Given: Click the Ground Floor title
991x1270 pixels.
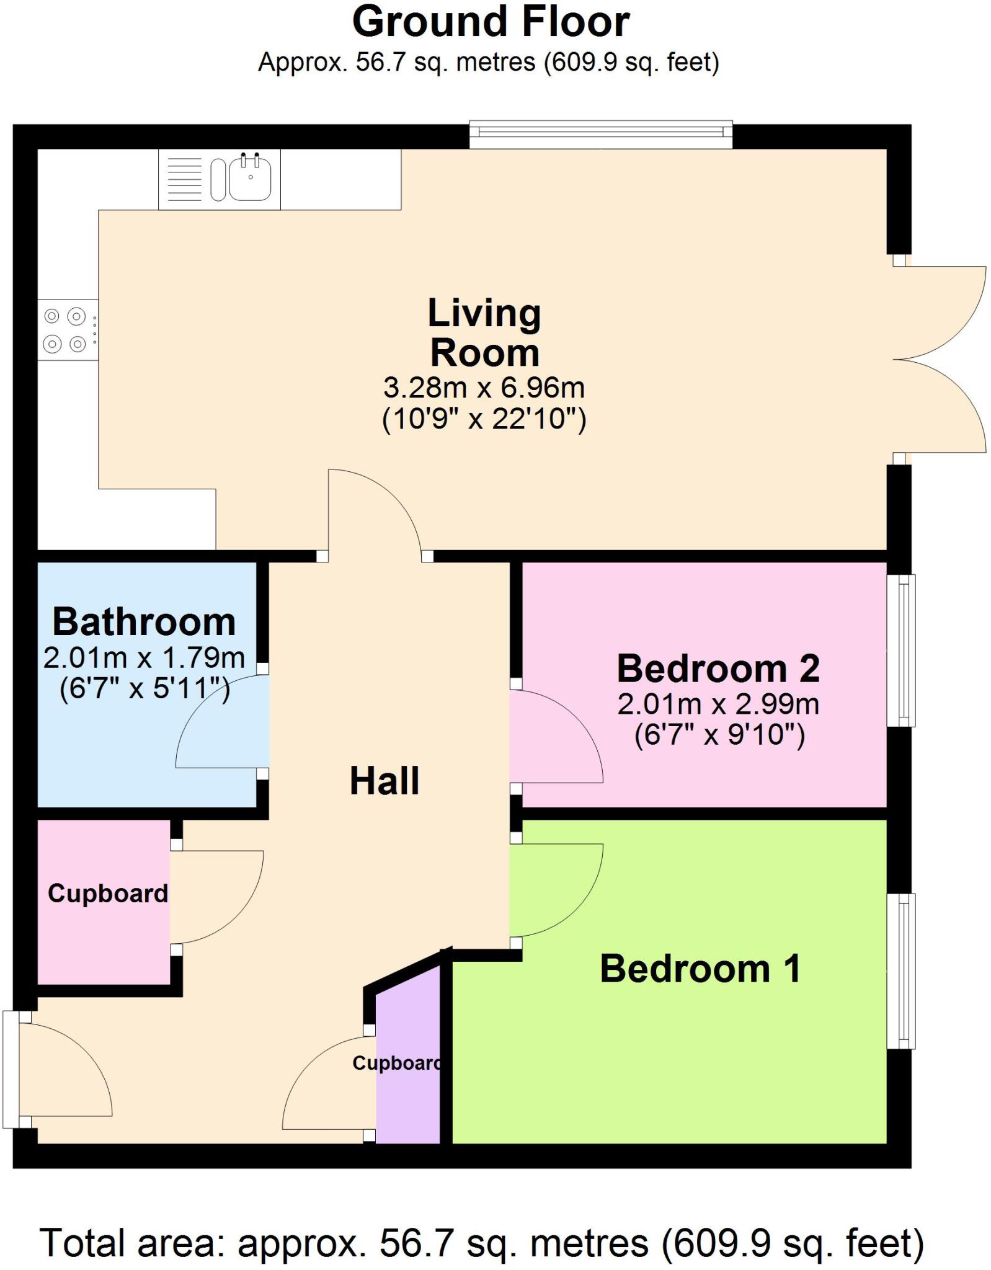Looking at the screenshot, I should click(491, 22).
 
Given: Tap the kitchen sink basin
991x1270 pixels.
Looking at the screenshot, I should click(250, 178).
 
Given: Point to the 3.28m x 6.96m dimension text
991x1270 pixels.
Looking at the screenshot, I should click(484, 388).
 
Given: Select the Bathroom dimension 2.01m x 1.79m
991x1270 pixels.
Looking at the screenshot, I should click(144, 657).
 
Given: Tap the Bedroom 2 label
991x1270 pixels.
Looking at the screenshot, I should click(718, 668).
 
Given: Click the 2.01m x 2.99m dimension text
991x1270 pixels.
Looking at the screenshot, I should click(718, 704).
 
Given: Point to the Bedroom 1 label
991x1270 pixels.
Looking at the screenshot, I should click(700, 969).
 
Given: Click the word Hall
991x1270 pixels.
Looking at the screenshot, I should click(384, 781).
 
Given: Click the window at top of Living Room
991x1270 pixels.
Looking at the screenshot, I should click(600, 135).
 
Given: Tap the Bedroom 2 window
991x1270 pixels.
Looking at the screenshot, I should click(901, 650).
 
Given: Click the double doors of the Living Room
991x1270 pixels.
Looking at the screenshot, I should click(940, 360).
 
